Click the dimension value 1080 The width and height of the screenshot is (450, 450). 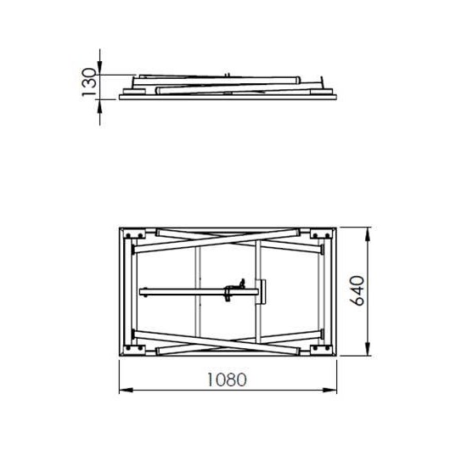[x=226, y=380]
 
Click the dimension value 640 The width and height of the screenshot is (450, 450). [x=356, y=291]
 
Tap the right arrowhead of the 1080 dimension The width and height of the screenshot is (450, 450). [x=332, y=391]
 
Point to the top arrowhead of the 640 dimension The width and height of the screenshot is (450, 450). [x=368, y=232]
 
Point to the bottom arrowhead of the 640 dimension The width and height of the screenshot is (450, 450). [x=368, y=351]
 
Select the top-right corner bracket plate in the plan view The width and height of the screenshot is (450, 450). [x=321, y=234]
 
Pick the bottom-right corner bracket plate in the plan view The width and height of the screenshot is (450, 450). [x=321, y=348]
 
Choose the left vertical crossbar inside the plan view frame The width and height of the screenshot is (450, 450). [x=196, y=291]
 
